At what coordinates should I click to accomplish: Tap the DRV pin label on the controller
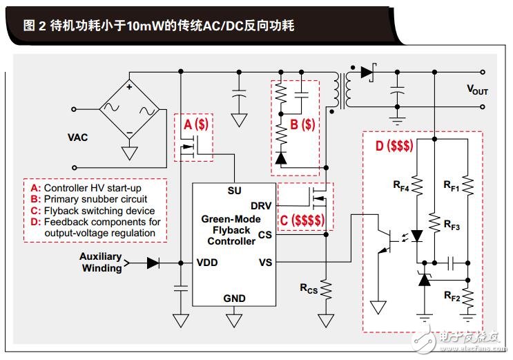260,206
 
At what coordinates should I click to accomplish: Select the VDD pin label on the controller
206,263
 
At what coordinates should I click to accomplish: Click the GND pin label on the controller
233,298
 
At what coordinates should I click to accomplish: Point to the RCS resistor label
309,288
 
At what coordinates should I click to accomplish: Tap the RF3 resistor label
452,225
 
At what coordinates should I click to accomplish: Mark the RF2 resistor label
452,298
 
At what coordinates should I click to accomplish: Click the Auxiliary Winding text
101,263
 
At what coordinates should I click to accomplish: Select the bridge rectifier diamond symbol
128,108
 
